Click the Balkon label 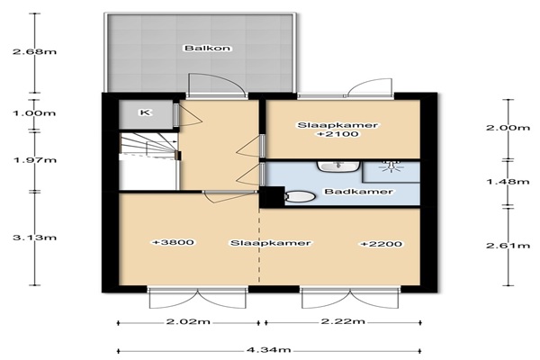point(207,48)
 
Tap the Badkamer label point(359,192)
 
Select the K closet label point(146,112)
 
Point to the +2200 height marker point(382,244)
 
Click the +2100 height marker point(337,134)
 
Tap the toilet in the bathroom point(300,197)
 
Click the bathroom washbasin point(338,166)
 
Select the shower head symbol point(391,166)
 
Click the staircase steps point(148,145)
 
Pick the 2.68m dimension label point(34,52)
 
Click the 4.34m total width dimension point(268,350)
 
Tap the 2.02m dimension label point(188,322)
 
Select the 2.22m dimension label point(343,321)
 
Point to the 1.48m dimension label point(508,181)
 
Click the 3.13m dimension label point(34,238)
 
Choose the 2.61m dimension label point(508,246)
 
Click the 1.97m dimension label point(34,160)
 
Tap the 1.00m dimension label point(34,113)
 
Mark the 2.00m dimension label point(508,128)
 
